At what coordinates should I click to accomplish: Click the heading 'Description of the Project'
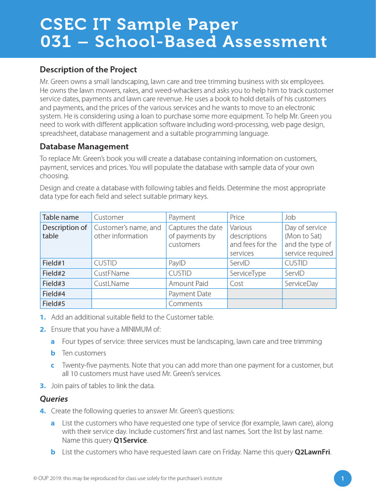88,70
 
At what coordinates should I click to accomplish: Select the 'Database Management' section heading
84,147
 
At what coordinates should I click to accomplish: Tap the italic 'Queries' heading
54,399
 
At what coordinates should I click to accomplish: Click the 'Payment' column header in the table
182,217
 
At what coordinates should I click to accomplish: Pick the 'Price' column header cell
237,217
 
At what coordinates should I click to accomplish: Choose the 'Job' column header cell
290,217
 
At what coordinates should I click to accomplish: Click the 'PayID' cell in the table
177,263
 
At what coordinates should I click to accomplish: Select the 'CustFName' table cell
112,274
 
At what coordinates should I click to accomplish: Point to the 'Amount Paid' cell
188,283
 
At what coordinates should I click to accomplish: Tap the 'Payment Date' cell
190,294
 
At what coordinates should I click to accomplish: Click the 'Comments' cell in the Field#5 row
186,304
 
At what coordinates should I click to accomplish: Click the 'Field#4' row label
54,294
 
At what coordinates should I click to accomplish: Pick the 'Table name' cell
60,217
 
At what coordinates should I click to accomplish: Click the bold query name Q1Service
130,441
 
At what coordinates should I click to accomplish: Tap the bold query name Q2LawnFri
312,452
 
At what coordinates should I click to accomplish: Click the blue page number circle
343,478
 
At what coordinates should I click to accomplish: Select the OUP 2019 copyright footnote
124,478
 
